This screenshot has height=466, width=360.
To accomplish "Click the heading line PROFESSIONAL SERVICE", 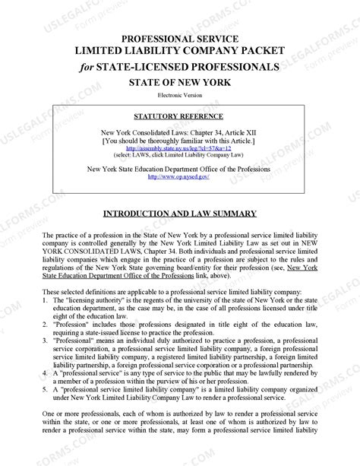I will (180, 38).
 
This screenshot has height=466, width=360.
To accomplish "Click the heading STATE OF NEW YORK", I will (180, 81).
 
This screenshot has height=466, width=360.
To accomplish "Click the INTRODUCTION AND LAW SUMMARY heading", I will (180, 214).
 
